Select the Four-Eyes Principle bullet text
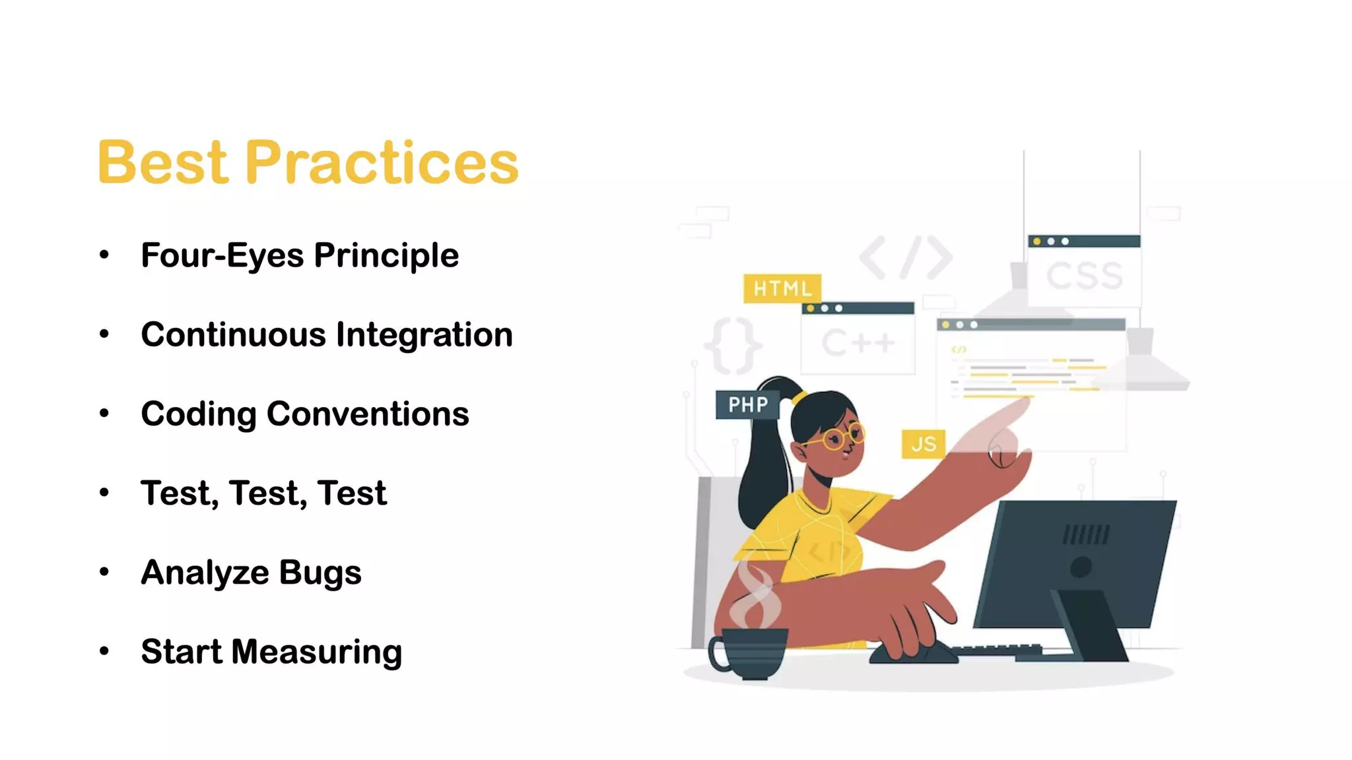click(x=299, y=255)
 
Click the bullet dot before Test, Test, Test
click(x=104, y=493)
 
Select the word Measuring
click(x=316, y=652)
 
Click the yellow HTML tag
click(x=782, y=288)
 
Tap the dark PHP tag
click(x=747, y=404)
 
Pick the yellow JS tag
click(x=923, y=444)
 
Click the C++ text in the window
click(x=858, y=343)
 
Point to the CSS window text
click(x=1084, y=276)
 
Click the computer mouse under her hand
click(x=914, y=652)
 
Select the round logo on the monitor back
click(x=1081, y=567)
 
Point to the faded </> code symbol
click(x=906, y=257)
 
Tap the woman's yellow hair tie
click(x=799, y=397)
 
